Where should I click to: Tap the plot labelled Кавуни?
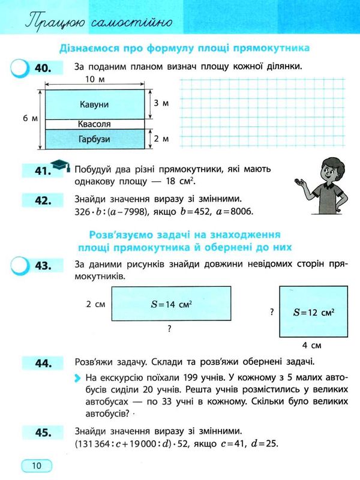coord(94,104)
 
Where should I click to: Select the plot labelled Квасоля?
coord(94,124)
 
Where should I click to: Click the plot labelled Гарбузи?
coord(94,139)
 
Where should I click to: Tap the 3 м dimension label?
coord(161,104)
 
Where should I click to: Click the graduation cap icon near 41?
coord(59,164)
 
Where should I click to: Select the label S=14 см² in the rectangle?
coord(171,305)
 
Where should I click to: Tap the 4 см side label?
coord(312,346)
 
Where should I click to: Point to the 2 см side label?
coord(96,305)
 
